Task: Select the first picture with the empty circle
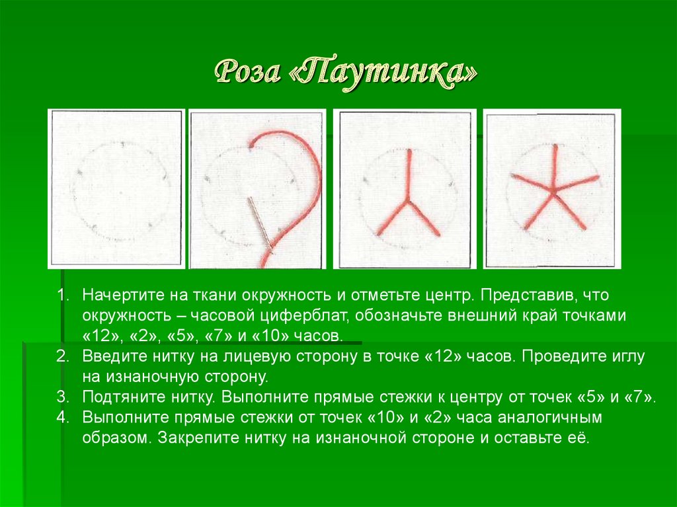tap(116, 188)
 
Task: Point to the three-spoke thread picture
tap(405, 189)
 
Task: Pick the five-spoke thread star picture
tap(552, 190)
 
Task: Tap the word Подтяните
tap(118, 397)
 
